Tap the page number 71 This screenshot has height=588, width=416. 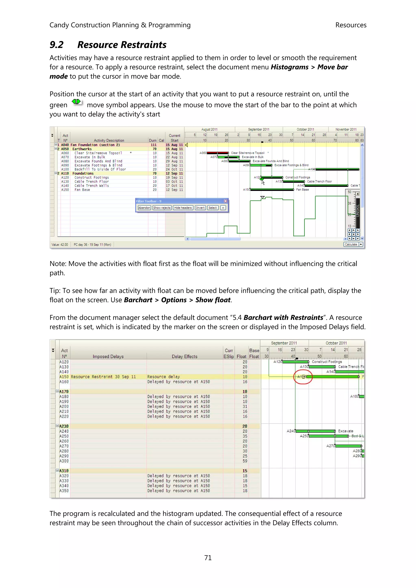coord(208,558)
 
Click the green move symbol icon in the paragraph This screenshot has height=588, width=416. coord(76,102)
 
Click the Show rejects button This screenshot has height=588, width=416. coord(162,208)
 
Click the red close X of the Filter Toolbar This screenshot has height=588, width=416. coord(225,201)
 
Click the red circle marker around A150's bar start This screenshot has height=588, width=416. coord(303,377)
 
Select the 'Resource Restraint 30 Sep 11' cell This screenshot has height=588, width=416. coord(103,377)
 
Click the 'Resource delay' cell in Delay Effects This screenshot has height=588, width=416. coord(164,377)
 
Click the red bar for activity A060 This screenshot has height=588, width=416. coord(218,153)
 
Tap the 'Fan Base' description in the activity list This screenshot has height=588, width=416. coord(82,190)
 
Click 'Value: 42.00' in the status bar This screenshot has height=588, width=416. coord(60,245)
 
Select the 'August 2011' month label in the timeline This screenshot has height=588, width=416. coord(209,129)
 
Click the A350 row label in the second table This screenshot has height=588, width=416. coord(64,491)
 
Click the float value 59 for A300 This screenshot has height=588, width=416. coord(245,461)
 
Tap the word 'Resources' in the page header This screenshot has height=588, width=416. coord(351,25)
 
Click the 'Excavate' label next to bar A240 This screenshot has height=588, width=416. coord(346,431)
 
